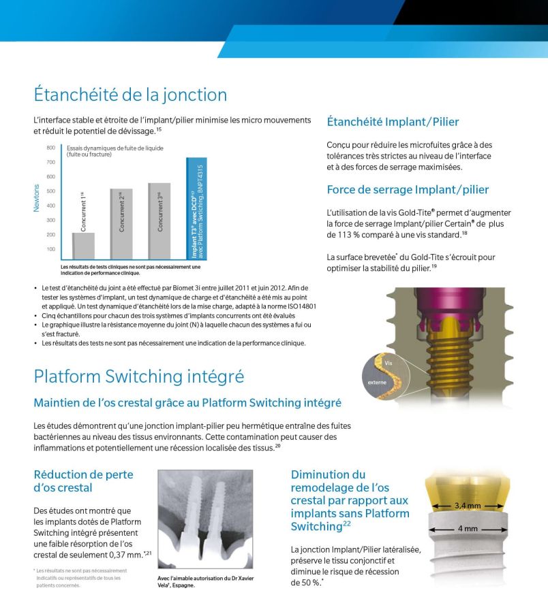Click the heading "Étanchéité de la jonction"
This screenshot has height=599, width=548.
pyautogui.click(x=130, y=95)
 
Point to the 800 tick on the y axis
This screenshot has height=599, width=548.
pyautogui.click(x=50, y=148)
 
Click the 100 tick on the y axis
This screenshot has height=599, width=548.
pyautogui.click(x=50, y=249)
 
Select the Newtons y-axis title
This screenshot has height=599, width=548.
pyautogui.click(x=37, y=198)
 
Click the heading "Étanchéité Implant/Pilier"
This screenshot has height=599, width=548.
pyautogui.click(x=393, y=123)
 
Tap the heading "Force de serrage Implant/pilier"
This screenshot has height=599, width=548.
pyautogui.click(x=408, y=190)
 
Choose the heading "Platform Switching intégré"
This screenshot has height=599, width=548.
pyautogui.click(x=139, y=376)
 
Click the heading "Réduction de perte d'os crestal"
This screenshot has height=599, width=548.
pyautogui.click(x=83, y=481)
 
